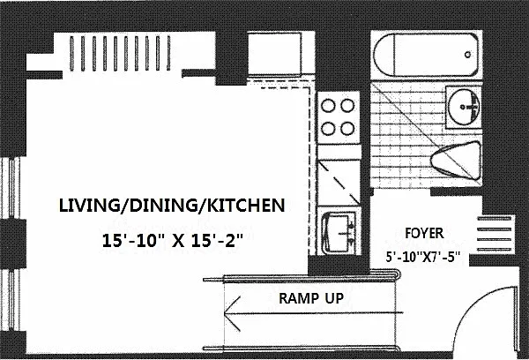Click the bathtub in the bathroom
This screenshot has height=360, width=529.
(426, 55)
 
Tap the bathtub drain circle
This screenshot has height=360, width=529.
(467, 55)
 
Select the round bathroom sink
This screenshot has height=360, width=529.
(464, 107)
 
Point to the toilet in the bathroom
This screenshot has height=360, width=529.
(456, 160)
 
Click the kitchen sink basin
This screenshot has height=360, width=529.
(339, 232)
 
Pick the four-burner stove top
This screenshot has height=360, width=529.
(338, 117)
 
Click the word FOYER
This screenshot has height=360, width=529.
(424, 233)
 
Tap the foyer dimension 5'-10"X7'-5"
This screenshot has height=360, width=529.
(423, 258)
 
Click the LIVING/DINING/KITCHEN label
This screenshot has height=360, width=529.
(172, 206)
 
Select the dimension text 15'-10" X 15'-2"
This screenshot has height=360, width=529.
(173, 241)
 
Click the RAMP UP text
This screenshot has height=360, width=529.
(311, 298)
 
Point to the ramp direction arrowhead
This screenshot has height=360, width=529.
(232, 314)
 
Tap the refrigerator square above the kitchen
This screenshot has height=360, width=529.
(274, 54)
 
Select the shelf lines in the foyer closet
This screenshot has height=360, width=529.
(495, 234)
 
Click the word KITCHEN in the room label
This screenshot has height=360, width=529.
(246, 206)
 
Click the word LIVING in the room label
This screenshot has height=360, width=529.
(89, 206)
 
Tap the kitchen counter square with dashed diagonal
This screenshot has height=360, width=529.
(339, 183)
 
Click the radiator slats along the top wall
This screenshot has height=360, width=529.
(120, 53)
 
